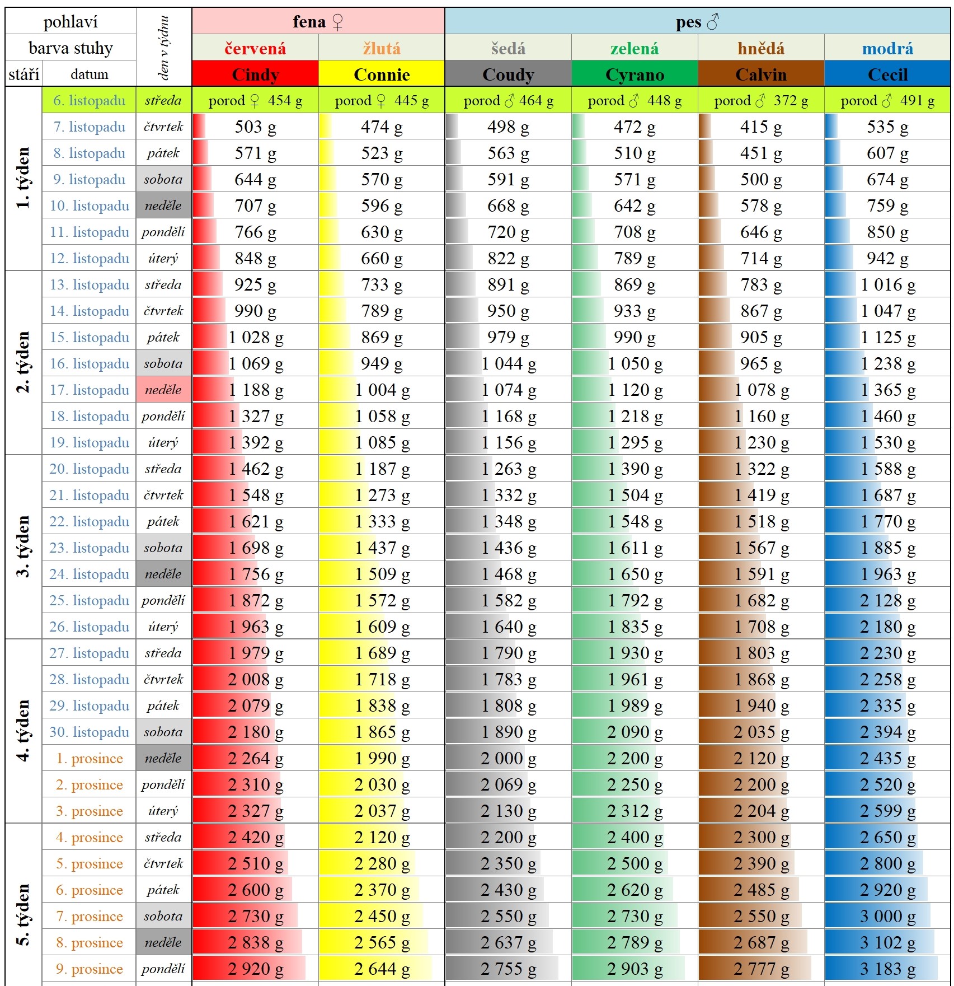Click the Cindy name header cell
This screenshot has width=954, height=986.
point(255,74)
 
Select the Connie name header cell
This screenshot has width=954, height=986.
point(382,74)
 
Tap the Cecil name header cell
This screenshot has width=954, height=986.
point(887,74)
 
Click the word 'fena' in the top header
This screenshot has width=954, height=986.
point(309,22)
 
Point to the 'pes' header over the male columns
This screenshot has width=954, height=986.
point(689,22)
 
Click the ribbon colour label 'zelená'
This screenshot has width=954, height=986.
point(635,49)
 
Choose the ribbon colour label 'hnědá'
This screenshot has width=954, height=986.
point(761,49)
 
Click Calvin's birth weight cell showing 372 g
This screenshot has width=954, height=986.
point(761,101)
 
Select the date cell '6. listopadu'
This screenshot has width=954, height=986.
point(90,101)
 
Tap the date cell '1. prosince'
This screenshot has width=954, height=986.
point(90,759)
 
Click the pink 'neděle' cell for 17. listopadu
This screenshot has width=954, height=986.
point(163,390)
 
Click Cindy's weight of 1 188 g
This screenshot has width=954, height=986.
point(256,390)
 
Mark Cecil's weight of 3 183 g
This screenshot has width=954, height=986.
point(888,969)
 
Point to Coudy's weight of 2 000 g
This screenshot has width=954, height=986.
point(508,759)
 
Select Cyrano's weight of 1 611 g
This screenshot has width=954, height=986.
point(635,548)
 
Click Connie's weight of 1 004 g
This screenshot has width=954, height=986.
point(382,390)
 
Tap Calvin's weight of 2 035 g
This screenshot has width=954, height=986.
point(762,732)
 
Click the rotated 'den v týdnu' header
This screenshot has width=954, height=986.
point(163,48)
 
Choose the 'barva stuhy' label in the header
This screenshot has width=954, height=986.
point(71,48)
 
